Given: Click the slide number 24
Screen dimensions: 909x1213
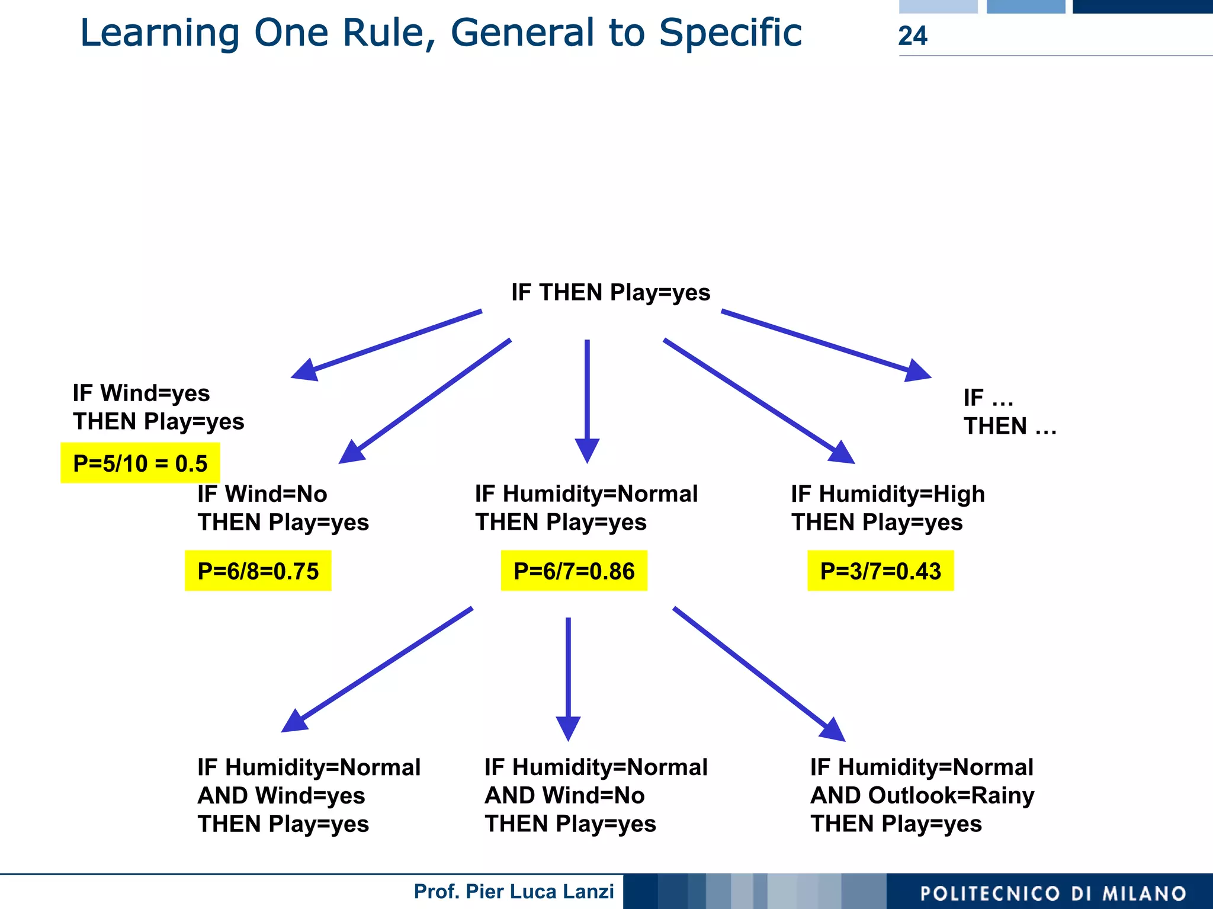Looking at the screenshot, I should pyautogui.click(x=912, y=36).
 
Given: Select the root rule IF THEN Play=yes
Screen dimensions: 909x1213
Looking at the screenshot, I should pyautogui.click(x=610, y=293).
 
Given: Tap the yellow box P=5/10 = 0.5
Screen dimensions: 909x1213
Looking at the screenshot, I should pyautogui.click(x=140, y=463).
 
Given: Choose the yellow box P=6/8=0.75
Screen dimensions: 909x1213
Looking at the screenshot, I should pyautogui.click(x=258, y=571).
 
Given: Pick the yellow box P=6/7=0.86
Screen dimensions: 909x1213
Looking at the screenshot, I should pyautogui.click(x=574, y=571).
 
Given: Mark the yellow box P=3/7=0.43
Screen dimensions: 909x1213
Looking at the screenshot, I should pyautogui.click(x=880, y=571).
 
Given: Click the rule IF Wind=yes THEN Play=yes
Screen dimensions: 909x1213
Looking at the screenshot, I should pyautogui.click(x=158, y=408).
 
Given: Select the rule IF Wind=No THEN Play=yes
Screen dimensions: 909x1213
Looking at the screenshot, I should pyautogui.click(x=283, y=508).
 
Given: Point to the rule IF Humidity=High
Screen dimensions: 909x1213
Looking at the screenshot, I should pyautogui.click(x=887, y=508).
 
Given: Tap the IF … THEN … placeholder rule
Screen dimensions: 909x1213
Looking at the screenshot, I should pyautogui.click(x=1009, y=412).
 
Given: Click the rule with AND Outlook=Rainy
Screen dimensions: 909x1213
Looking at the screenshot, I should pyautogui.click(x=922, y=795).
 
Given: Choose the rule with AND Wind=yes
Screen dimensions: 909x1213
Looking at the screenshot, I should pyautogui.click(x=309, y=795).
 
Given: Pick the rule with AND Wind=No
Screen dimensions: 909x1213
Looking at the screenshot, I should pyautogui.click(x=595, y=795).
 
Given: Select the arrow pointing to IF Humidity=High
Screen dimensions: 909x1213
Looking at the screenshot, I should pyautogui.click(x=758, y=400).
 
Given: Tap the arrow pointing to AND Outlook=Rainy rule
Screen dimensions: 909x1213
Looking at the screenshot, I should pyautogui.click(x=758, y=673).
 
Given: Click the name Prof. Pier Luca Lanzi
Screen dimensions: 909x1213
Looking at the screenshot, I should pyautogui.click(x=514, y=891).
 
